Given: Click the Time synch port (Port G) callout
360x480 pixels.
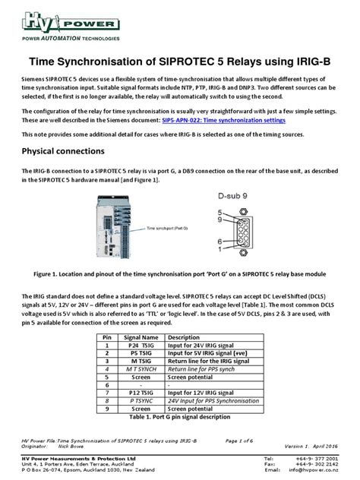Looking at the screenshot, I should (x=165, y=227).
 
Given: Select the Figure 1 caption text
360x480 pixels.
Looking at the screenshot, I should (x=180, y=273).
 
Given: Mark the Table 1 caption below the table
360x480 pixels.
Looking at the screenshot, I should (x=178, y=416).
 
